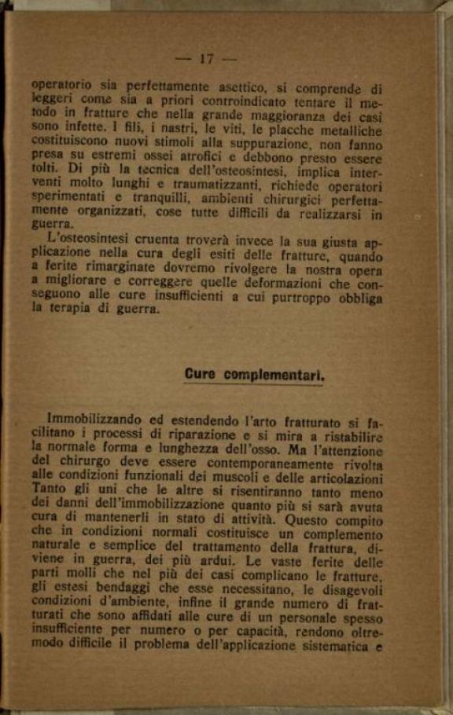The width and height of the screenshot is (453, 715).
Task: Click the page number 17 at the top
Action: [x=208, y=59]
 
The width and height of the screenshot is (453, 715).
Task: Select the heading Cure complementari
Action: [x=254, y=375]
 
